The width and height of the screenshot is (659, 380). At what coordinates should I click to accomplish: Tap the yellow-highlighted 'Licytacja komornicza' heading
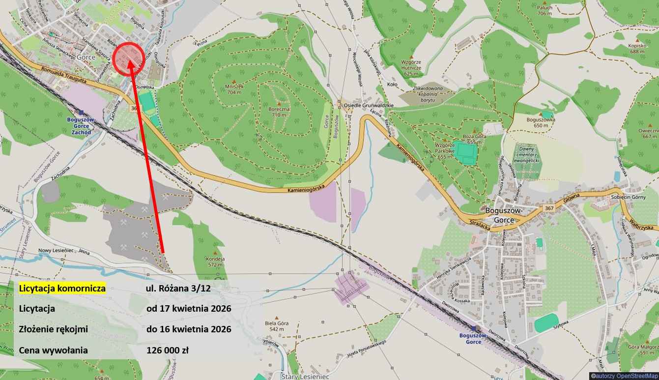(x=62, y=289)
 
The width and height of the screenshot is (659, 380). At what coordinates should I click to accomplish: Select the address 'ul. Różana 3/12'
(x=178, y=289)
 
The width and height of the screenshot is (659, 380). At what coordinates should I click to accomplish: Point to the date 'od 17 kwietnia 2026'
(x=189, y=309)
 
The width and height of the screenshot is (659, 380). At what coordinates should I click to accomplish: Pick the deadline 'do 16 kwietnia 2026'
(x=189, y=329)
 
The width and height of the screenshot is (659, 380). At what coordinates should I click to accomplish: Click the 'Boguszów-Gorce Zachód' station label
(x=81, y=126)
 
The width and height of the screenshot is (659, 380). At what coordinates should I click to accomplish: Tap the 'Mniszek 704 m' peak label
(x=234, y=89)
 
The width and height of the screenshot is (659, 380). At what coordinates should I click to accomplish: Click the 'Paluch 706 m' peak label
(x=545, y=10)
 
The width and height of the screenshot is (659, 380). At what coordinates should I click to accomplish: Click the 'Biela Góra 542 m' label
(x=277, y=326)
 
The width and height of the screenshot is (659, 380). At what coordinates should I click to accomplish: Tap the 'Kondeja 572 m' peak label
(x=215, y=262)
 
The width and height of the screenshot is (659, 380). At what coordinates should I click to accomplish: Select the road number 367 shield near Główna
(x=549, y=209)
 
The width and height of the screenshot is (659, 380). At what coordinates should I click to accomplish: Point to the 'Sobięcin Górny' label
(x=640, y=196)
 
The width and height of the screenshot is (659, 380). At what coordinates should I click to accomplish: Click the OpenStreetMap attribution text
(x=624, y=376)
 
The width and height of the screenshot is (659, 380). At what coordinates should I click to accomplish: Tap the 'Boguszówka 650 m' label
(x=541, y=122)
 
